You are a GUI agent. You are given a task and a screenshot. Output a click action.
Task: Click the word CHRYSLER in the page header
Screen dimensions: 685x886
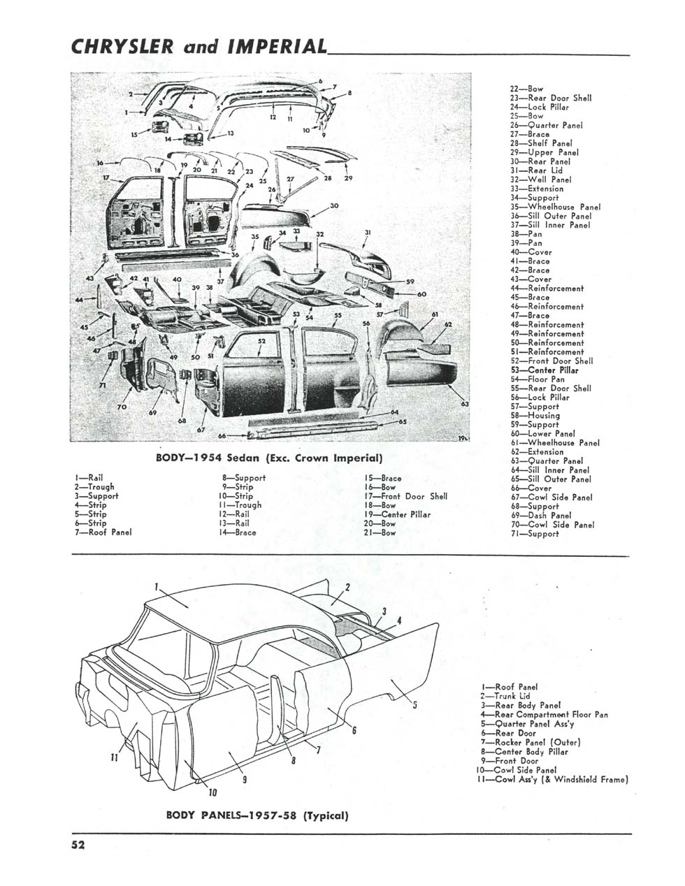coord(122,47)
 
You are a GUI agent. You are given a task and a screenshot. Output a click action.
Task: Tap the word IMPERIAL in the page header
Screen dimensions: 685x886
coord(277,47)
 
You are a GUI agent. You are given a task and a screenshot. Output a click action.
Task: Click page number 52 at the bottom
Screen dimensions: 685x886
coord(78,845)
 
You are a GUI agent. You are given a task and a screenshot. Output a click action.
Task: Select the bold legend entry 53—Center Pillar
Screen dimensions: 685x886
coord(545,370)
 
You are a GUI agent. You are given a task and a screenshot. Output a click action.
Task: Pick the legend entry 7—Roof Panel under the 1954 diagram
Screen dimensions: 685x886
coord(103,532)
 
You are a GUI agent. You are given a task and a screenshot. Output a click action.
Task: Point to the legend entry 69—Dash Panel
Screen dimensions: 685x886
coord(541,516)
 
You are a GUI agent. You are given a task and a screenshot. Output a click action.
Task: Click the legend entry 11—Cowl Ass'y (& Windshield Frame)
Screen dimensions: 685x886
coord(552,780)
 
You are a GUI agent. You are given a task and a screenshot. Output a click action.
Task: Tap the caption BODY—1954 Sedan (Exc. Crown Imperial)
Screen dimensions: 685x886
coord(269,458)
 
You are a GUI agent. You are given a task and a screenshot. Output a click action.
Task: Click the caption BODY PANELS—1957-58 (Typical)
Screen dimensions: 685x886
coord(257,815)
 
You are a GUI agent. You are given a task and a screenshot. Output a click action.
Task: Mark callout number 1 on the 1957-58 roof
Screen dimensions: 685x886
coord(156,587)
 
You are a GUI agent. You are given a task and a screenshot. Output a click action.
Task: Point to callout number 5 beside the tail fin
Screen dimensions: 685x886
coord(414,704)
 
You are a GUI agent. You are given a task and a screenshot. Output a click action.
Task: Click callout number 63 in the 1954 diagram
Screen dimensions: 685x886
coord(465,404)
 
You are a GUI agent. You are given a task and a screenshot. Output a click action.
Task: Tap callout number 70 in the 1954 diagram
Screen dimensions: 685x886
coord(122,407)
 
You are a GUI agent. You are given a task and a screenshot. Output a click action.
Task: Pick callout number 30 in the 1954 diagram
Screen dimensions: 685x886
coord(334,205)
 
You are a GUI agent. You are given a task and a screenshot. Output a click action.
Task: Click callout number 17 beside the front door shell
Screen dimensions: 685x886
coord(106,177)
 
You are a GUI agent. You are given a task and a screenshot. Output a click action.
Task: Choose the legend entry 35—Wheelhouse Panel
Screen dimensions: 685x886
coord(555,207)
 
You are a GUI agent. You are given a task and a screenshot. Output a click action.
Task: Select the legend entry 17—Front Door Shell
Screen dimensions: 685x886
coord(405,496)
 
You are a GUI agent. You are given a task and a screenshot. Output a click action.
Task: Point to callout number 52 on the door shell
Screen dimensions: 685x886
coord(261,341)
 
